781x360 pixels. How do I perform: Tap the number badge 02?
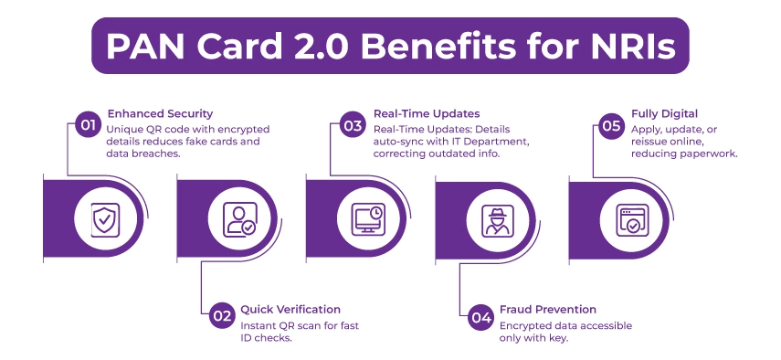point(220,316)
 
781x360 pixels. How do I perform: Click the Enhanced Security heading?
point(160,114)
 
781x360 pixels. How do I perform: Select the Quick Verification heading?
point(290,309)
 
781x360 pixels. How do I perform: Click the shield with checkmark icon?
point(102,218)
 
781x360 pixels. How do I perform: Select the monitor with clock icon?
point(369,218)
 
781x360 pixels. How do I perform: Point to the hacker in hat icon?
point(498,218)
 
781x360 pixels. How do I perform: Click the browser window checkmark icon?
point(629,218)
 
